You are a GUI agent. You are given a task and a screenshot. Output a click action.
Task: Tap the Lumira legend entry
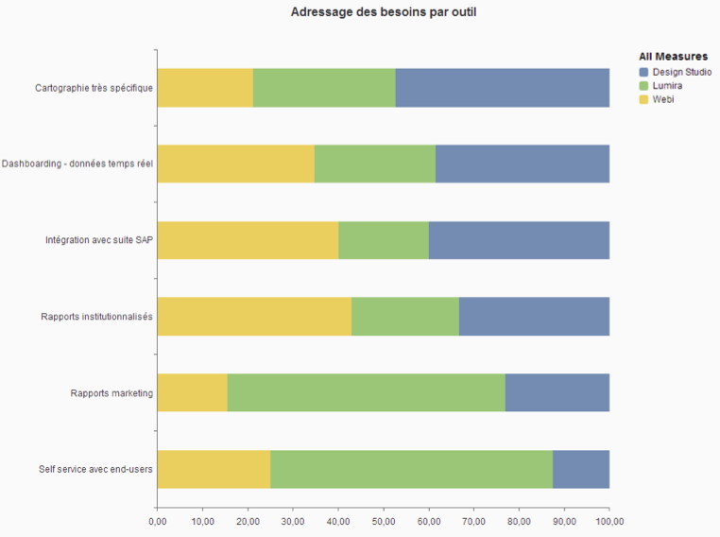pos(667,85)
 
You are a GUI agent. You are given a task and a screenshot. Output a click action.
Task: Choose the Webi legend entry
pos(662,98)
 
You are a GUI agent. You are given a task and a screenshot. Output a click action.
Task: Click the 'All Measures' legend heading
pos(673,57)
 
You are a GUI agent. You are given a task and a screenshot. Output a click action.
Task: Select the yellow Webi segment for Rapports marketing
pos(192,392)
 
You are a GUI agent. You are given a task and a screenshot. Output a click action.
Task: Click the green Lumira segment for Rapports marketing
pos(366,392)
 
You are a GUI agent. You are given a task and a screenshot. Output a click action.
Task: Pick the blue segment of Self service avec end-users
pos(581,469)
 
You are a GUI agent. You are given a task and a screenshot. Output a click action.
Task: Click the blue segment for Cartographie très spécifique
pos(502,88)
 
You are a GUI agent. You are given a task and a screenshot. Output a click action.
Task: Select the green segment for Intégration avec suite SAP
pos(384,240)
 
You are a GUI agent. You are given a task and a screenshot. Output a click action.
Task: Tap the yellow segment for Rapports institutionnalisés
pos(254,316)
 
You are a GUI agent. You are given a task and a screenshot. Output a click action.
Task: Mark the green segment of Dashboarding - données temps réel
pos(375,164)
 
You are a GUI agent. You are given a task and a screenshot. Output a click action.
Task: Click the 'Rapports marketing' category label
pos(111,392)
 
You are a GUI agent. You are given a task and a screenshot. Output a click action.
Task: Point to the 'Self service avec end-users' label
pos(95,469)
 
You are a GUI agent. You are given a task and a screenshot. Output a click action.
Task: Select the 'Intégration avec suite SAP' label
pos(99,240)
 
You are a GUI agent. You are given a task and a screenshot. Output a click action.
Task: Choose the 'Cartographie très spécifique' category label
pos(94,88)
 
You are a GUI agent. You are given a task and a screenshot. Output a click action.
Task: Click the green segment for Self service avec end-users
pos(411,469)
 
